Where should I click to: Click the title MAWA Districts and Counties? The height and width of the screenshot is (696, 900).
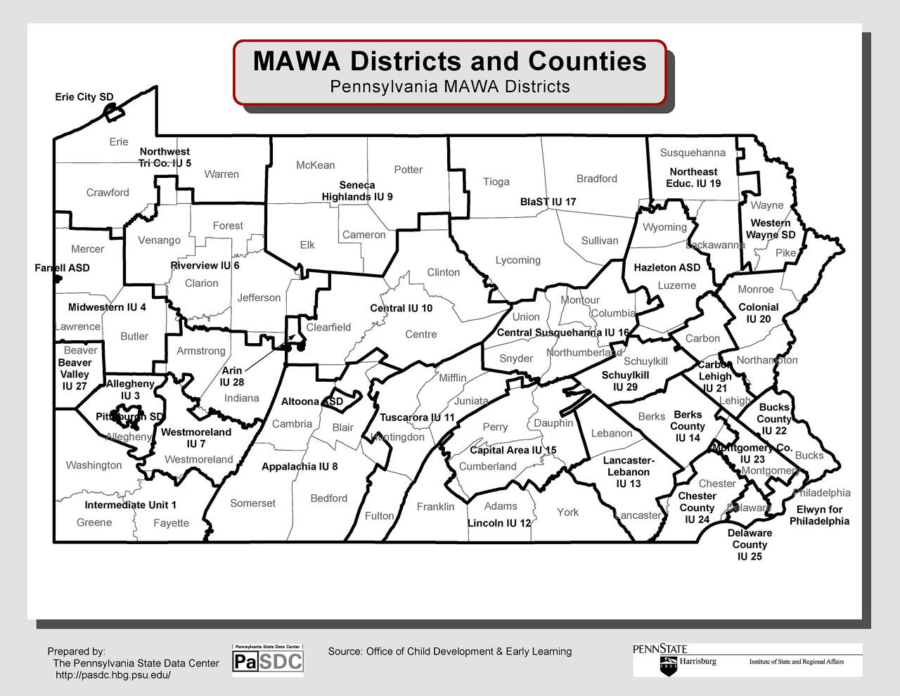[x=449, y=61]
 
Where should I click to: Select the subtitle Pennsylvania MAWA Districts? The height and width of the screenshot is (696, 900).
[x=449, y=86]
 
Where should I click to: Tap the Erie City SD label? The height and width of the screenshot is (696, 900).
[x=84, y=97]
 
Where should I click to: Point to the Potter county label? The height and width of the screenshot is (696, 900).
[x=409, y=169]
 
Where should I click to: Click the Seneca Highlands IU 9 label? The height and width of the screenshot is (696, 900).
[x=357, y=191]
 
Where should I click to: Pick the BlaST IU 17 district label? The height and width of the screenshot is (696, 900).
[x=548, y=202]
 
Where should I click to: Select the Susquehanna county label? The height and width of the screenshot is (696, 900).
[x=693, y=153]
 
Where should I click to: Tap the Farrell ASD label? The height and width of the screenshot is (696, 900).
[x=62, y=268]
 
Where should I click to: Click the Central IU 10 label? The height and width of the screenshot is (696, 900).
[x=401, y=308]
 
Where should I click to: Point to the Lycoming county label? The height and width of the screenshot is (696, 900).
[x=518, y=260]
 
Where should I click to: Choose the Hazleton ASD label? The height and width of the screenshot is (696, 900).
[x=667, y=268]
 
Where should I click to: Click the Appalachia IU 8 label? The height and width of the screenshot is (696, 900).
[x=300, y=466]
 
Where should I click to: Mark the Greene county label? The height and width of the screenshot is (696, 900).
[x=94, y=522]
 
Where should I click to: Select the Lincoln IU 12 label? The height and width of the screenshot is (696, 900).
[x=499, y=523]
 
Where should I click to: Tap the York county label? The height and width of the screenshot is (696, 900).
[x=567, y=512]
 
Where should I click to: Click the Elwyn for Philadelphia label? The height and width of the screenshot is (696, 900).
[x=819, y=515]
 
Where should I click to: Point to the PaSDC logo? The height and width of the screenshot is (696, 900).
[x=268, y=660]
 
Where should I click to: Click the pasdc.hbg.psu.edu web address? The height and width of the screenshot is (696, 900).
[x=113, y=675]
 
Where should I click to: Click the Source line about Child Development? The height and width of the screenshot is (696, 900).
[x=450, y=651]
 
